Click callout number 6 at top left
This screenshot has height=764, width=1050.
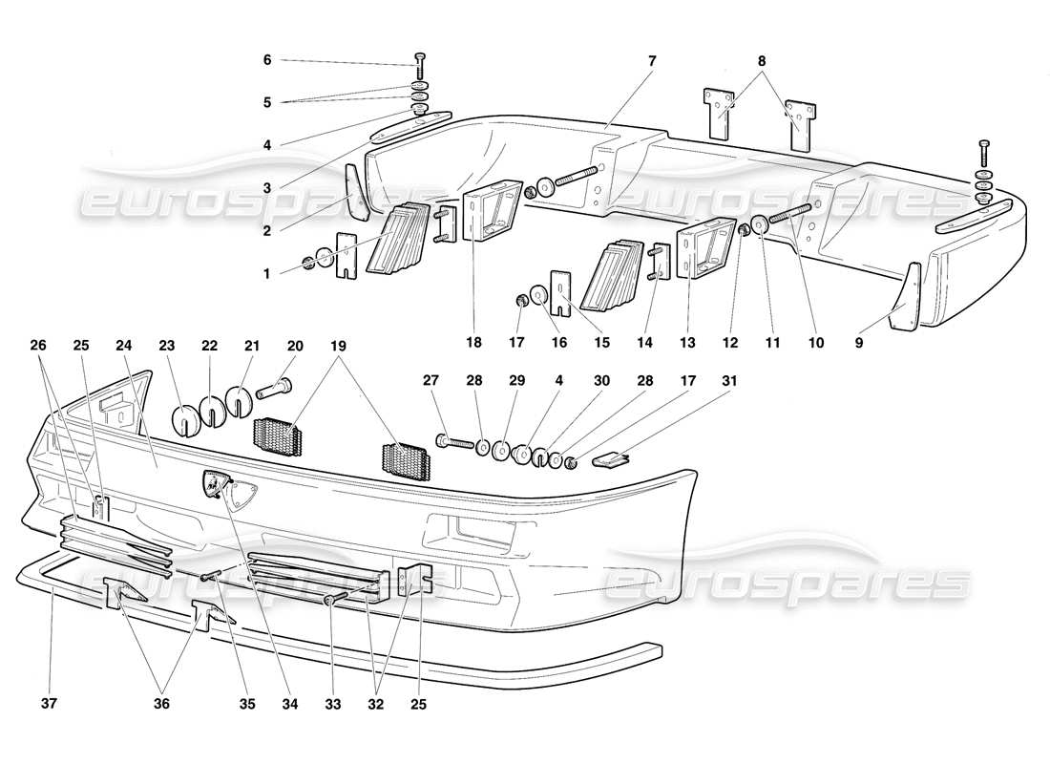click(267, 60)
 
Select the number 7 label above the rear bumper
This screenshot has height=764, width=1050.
click(651, 60)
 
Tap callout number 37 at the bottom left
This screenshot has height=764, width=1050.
click(50, 705)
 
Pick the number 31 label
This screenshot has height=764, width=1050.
click(730, 380)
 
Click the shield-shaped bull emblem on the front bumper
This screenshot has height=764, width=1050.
click(227, 487)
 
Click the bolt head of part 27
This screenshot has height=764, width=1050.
click(442, 440)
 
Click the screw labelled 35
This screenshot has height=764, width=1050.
click(212, 575)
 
